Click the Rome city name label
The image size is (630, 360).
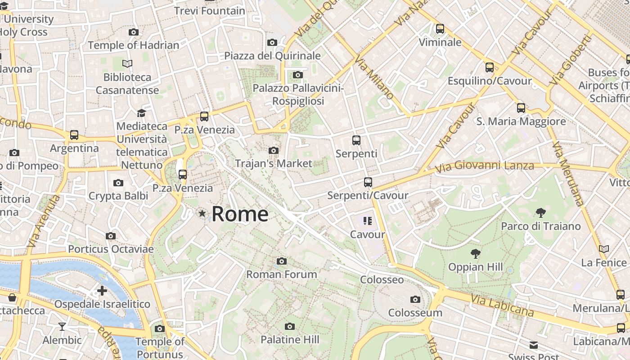tap(240, 214)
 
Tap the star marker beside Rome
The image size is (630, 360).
tap(202, 213)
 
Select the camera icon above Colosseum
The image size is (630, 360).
tap(415, 299)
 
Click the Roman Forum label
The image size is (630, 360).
tap(282, 274)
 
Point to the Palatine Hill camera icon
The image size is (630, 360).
tap(290, 326)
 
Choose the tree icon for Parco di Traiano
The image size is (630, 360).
tap(541, 212)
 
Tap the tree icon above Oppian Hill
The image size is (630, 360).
tap(475, 254)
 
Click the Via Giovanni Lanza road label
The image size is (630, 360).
tap(484, 166)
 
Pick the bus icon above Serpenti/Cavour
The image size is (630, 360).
tap(368, 182)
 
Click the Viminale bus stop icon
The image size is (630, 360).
tap(440, 29)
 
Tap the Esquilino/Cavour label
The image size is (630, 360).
tap(490, 81)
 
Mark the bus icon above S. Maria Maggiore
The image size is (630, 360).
tap(521, 108)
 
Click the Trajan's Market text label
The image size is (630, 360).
tap(274, 163)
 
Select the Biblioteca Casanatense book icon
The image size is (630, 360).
tap(127, 64)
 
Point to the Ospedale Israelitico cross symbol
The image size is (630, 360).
tap(102, 291)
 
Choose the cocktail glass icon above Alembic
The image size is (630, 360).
tap(62, 327)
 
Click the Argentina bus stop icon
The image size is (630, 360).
tap(74, 135)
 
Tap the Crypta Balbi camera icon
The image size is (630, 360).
tap(118, 183)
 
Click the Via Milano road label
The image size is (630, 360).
tap(373, 77)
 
